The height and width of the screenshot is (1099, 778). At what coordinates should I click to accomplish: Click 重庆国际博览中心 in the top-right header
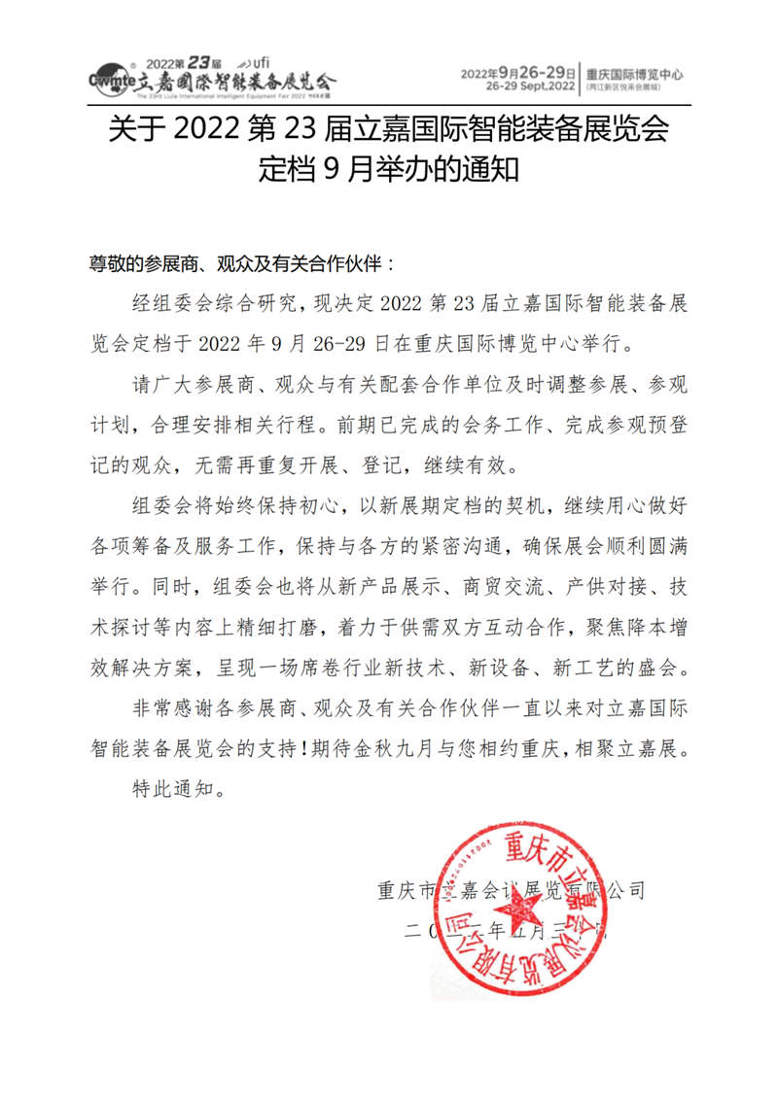point(634,73)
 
